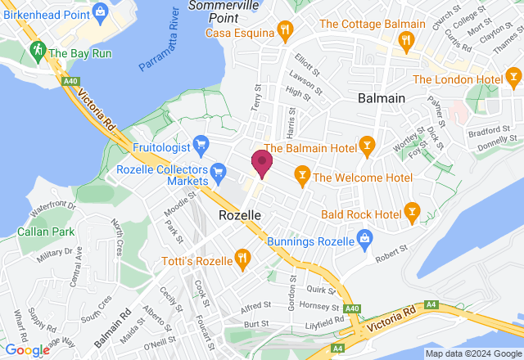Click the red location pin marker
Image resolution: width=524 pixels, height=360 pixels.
(262, 163)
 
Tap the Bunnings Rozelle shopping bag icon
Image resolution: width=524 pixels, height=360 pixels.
(365, 241)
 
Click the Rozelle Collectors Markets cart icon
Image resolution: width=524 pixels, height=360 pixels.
(217, 171)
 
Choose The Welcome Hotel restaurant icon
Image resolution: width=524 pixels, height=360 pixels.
(302, 175)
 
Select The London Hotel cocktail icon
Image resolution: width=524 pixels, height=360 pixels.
(513, 79)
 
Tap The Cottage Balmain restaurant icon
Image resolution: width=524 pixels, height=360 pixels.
(405, 39)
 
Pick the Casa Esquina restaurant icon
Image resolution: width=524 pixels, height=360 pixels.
(285, 31)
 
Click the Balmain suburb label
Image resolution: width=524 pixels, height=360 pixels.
(382, 98)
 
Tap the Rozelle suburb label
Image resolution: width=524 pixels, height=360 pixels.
(241, 214)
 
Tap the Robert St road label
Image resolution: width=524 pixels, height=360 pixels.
(391, 259)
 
